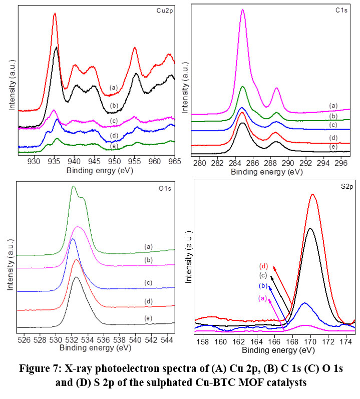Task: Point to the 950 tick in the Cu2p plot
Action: pos(114,162)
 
